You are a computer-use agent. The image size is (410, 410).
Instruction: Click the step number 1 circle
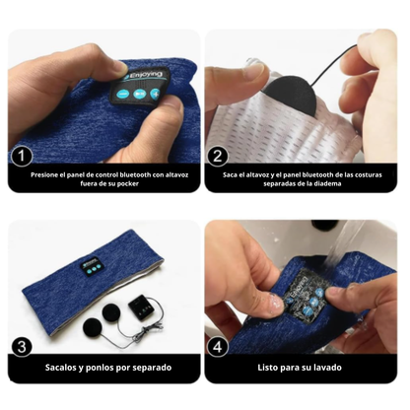22,156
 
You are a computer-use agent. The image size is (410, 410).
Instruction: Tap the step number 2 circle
218,156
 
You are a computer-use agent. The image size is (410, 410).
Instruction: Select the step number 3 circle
22,347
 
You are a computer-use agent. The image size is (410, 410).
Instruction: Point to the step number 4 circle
218,347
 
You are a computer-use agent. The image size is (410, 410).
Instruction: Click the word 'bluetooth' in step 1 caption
135,174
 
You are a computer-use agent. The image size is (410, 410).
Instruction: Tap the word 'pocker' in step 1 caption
127,183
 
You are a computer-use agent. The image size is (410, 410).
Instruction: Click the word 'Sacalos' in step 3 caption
60,368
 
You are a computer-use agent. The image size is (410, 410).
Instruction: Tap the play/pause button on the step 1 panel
139,94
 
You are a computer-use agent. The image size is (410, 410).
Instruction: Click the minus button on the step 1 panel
122,95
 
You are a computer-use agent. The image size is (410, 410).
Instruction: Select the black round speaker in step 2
290,95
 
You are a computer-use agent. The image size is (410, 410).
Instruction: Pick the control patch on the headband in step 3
91,266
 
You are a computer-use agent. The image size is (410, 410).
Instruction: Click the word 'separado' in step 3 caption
152,368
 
